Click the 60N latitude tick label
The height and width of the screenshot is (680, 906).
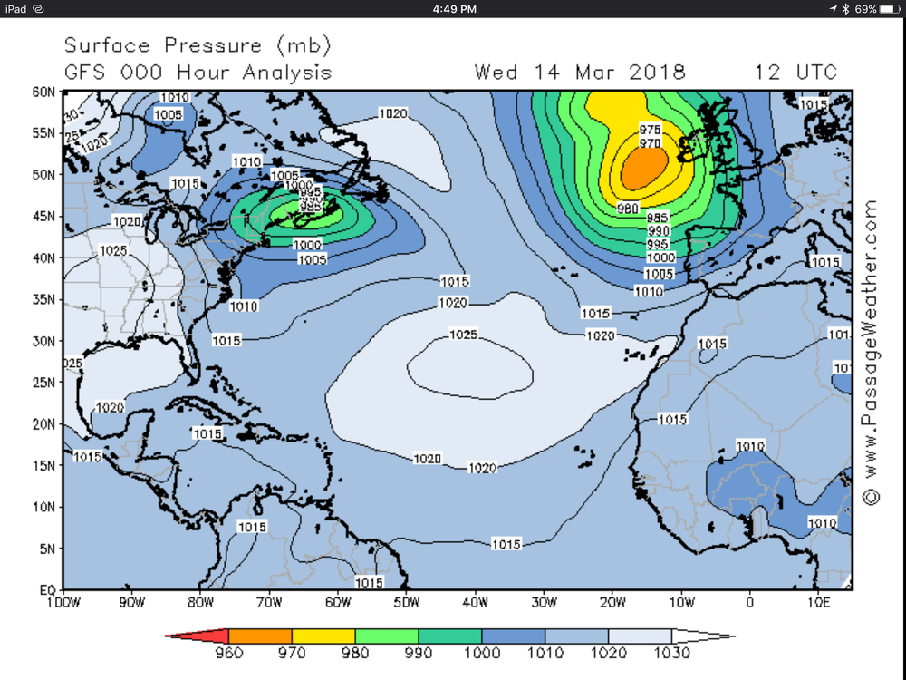[x=44, y=92]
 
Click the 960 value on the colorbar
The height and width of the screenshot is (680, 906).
[x=229, y=652]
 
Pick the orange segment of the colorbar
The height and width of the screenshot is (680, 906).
[x=260, y=636]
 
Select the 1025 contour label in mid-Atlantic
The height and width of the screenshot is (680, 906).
[x=463, y=335]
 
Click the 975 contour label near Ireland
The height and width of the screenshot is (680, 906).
[x=651, y=129]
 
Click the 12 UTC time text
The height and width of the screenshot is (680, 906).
[x=796, y=73]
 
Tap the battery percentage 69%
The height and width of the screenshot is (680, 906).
[x=865, y=8]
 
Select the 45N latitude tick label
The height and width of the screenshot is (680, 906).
[x=44, y=217]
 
